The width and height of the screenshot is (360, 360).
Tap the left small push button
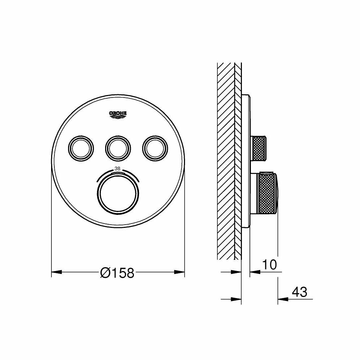click(81, 147)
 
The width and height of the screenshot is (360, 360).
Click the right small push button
click(155, 147)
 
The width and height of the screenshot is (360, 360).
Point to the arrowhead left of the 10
click(253, 272)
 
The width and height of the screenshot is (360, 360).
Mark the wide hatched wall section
click(225, 162)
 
